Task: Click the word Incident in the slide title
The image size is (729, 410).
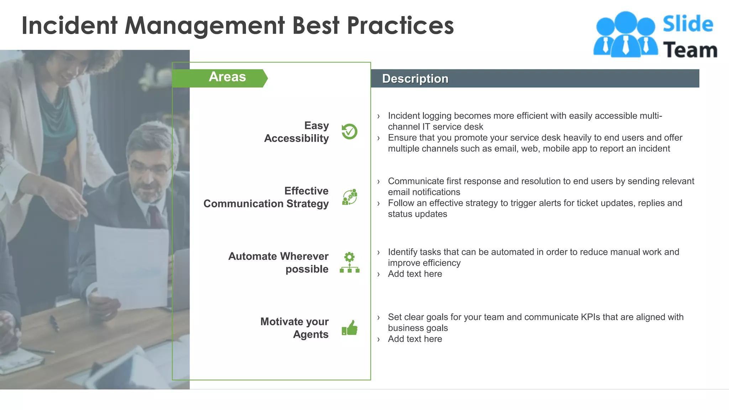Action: coord(69,26)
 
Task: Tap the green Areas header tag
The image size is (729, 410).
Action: coord(227,77)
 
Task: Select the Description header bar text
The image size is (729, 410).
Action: coord(415,79)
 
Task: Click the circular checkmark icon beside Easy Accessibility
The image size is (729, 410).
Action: coord(349,132)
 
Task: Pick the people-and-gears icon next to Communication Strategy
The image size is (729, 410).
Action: coord(350,197)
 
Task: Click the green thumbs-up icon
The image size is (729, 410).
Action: coord(350,328)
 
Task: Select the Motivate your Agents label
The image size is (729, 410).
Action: coord(294,328)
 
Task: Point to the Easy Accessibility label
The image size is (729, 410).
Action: coord(297,132)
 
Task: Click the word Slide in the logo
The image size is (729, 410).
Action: coord(688,24)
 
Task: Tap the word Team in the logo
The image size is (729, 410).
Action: coord(690,50)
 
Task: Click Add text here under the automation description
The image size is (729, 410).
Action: coord(415,274)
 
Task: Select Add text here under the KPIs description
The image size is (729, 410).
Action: coord(415,339)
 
